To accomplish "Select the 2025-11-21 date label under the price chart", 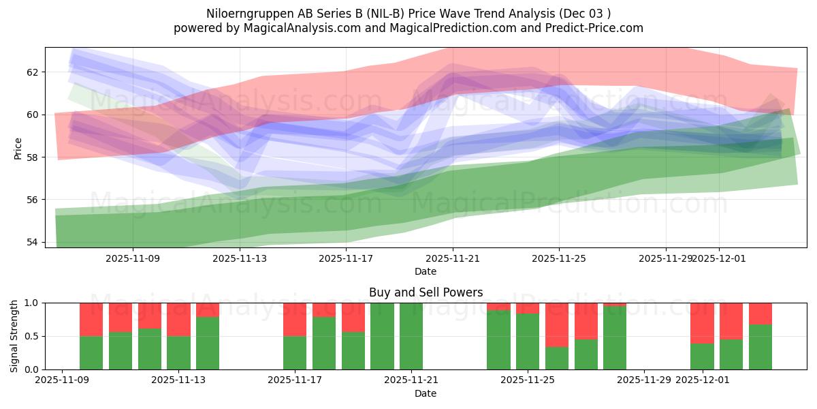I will (453, 258).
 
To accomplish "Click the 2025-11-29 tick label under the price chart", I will (665, 258).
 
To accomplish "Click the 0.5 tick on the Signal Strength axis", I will (32, 336).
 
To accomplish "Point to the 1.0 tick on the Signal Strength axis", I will (32, 303).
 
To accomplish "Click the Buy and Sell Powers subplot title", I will (426, 292).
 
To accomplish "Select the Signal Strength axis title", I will (14, 336).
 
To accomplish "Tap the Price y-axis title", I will (18, 149).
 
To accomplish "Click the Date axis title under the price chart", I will (426, 271).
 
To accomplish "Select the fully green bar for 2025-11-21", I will (411, 336).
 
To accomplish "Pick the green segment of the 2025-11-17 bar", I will (295, 352).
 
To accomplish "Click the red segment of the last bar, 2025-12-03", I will (760, 313).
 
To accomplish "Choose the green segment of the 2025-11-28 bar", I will (615, 337).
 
